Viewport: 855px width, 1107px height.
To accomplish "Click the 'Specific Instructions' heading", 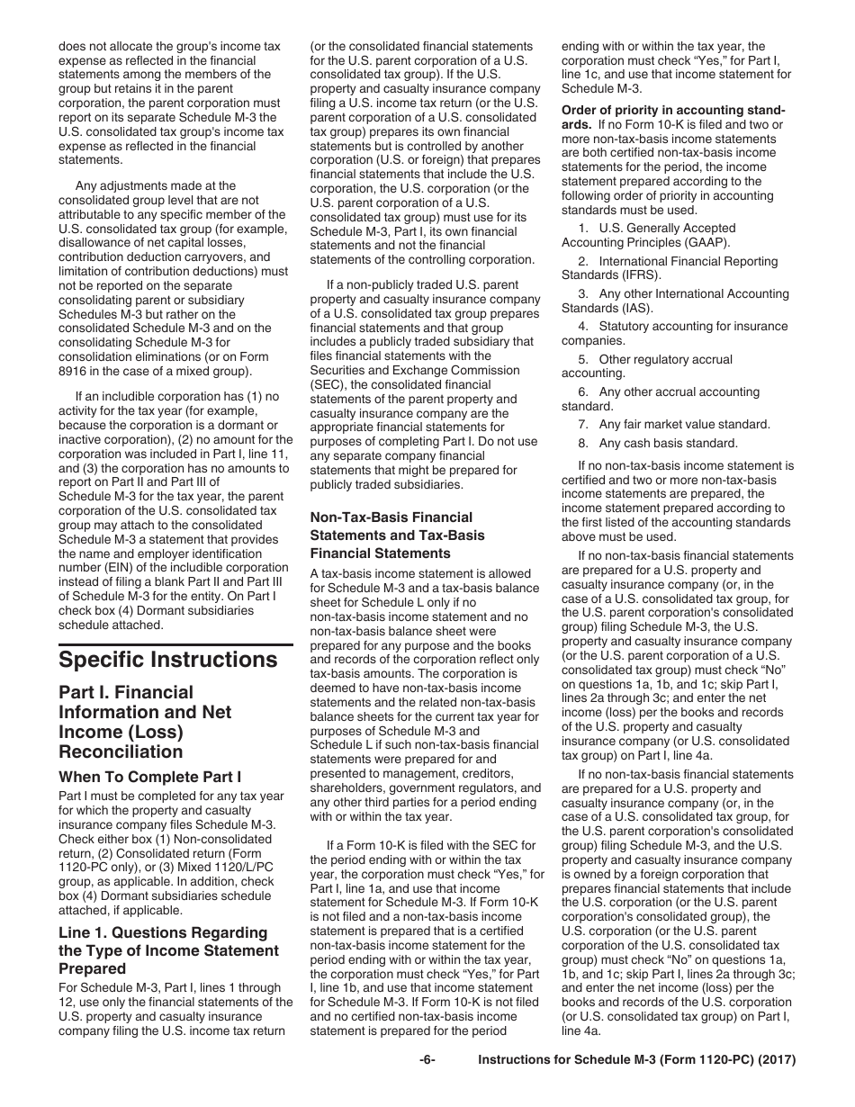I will (x=168, y=660).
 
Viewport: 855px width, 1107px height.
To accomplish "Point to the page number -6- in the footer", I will (x=427, y=1060).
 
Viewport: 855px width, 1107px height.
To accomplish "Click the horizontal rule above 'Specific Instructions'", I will (x=175, y=644).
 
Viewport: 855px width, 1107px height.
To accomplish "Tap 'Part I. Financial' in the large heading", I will (x=126, y=692).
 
